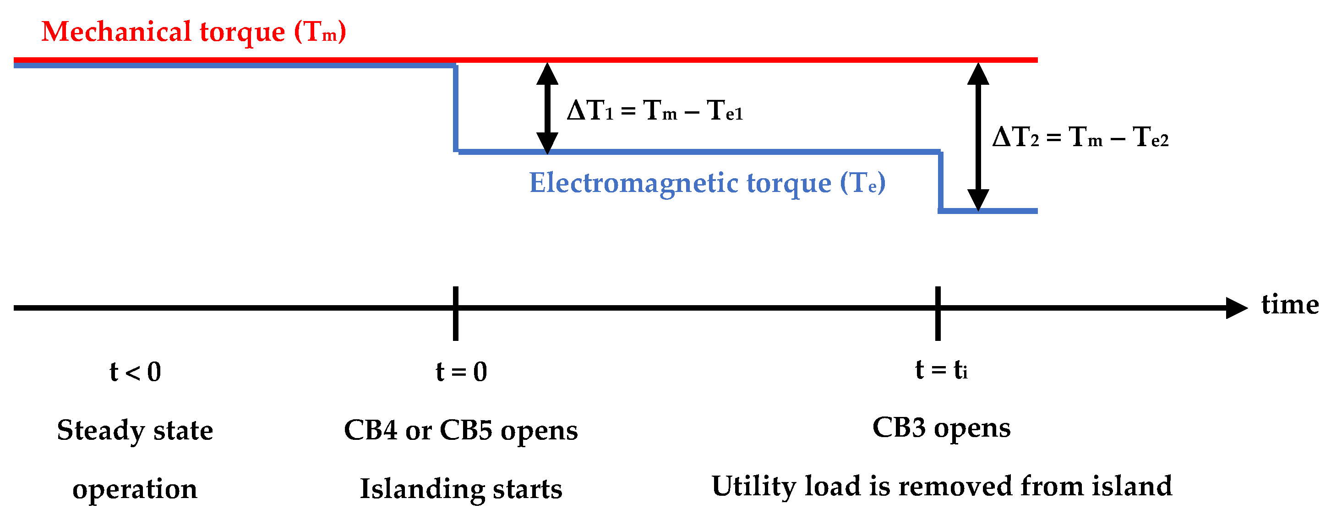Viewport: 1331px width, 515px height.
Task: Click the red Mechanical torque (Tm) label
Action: click(x=193, y=32)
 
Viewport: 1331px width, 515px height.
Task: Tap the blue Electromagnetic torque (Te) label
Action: click(x=707, y=183)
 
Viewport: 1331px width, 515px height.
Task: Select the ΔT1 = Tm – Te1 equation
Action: click(x=655, y=111)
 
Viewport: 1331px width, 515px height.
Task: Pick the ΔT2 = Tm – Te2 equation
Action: click(x=1080, y=137)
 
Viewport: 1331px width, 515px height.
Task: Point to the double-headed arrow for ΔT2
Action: click(x=978, y=137)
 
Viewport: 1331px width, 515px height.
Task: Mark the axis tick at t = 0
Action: click(x=455, y=313)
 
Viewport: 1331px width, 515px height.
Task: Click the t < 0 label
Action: click(x=136, y=372)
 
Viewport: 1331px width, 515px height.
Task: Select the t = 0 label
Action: click(x=461, y=372)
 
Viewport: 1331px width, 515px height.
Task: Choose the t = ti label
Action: click(x=941, y=370)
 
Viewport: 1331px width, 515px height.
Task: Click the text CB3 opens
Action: click(x=941, y=428)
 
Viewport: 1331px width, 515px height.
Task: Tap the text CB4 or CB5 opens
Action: click(x=460, y=430)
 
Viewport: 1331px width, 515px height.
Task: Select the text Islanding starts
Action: click(x=460, y=488)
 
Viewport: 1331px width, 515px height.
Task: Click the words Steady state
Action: click(x=135, y=430)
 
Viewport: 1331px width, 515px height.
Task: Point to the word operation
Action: click(x=135, y=488)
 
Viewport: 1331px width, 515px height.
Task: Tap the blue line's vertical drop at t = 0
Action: click(x=456, y=109)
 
